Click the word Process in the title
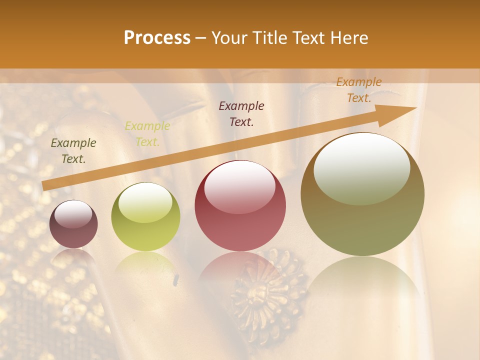157,38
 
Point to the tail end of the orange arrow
43,186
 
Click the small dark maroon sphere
73,224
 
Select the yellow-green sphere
145,216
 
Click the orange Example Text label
358,90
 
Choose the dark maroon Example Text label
241,113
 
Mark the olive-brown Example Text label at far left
73,150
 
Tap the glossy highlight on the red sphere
240,186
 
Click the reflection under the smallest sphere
73,257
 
